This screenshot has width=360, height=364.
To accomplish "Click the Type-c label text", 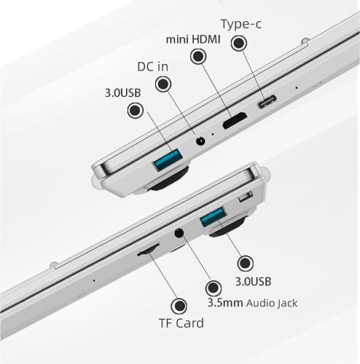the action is point(241,24).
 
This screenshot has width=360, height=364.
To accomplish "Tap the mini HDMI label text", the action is point(193,39).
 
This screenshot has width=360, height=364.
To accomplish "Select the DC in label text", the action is point(153,66).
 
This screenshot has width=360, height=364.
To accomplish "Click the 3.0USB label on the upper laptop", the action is point(123,92).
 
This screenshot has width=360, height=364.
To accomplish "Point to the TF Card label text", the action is point(181,323).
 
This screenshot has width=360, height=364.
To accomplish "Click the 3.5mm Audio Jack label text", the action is point(252,303).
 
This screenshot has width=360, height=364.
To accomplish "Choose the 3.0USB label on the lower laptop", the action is point(253,282).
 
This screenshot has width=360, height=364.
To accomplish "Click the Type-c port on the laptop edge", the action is point(267,101).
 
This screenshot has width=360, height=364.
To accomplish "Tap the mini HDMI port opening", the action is point(235,120).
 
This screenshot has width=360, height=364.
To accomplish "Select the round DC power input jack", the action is point(200,141).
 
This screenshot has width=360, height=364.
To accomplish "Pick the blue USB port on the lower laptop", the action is point(212,217).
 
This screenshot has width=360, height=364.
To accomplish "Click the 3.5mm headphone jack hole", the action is point(179,233).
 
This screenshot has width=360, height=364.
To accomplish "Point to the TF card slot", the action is point(148,250).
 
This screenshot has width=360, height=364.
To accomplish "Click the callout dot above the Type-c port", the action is point(239,44).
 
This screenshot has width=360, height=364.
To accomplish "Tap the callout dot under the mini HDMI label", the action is point(198,56).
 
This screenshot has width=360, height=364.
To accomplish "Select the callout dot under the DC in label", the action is point(163,84).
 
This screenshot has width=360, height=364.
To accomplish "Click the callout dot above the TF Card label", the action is point(179,306).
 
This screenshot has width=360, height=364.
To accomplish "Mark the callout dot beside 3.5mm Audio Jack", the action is point(214,288).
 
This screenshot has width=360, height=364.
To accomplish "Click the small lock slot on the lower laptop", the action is point(246,197).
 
